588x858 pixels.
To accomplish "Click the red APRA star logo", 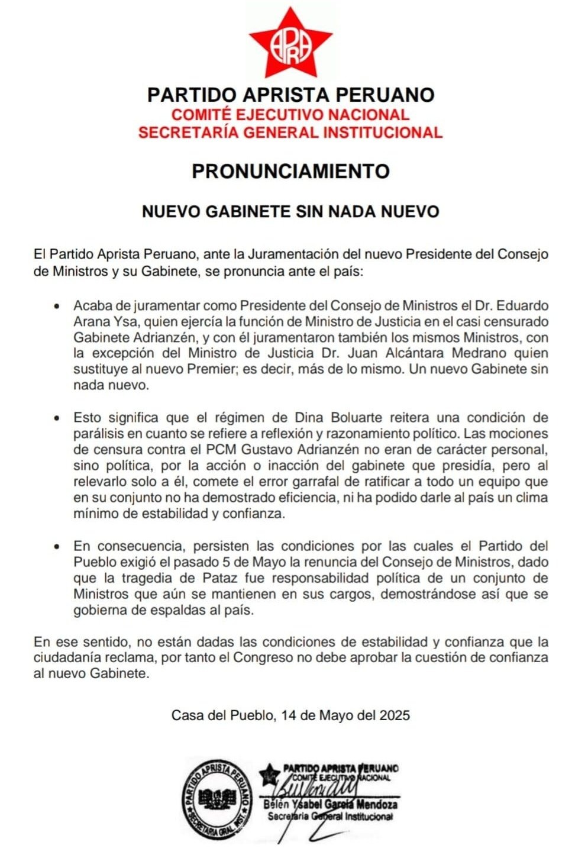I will tap(290, 44).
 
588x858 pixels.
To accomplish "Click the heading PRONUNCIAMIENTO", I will tap(290, 171).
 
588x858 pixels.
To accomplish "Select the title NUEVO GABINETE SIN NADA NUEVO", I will tap(290, 211).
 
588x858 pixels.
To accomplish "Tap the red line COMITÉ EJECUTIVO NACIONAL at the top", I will tap(290, 114).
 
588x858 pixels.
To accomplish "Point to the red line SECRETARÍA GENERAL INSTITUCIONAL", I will tap(290, 132).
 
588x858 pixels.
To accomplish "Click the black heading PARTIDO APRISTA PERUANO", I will tap(290, 95).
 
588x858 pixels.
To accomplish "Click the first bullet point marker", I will tap(57, 307).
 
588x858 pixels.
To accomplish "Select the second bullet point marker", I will tap(57, 418).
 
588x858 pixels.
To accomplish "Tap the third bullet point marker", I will tap(57, 546).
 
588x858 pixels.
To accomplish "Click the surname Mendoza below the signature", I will tap(376, 805).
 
